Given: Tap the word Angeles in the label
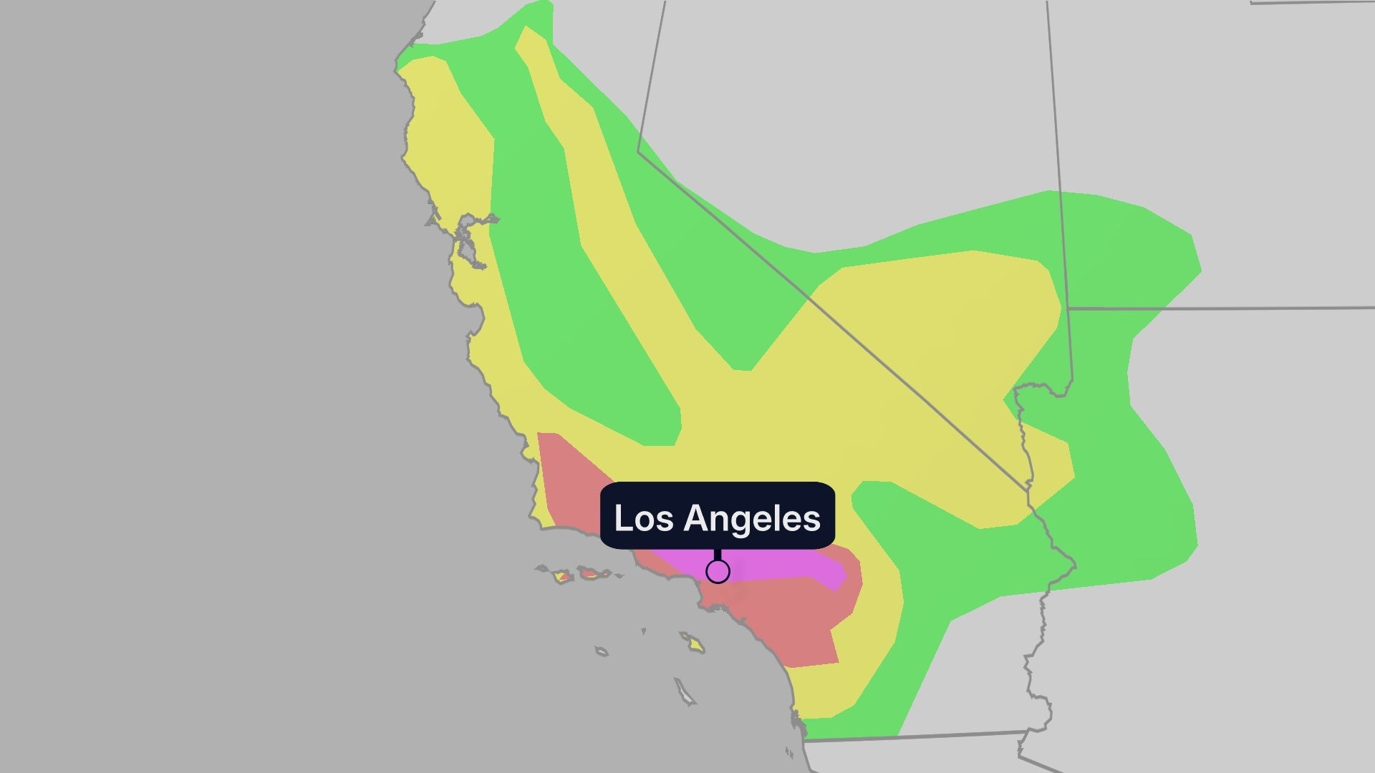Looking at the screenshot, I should click(751, 518).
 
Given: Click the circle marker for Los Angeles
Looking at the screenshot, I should click(718, 572).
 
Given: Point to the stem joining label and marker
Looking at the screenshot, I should click(718, 555).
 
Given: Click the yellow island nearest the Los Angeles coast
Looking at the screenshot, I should click(692, 642).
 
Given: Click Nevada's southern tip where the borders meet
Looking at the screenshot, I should click(1029, 489).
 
